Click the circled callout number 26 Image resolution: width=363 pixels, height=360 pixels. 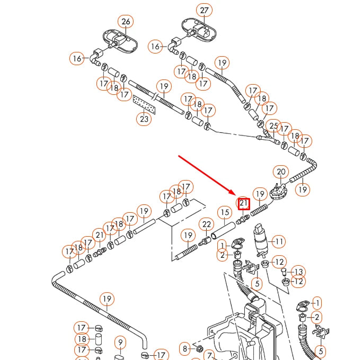point(126,22)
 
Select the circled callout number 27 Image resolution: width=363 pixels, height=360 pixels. point(204,11)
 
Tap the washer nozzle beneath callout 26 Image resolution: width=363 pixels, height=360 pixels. point(118,41)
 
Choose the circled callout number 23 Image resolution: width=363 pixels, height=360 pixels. point(144,119)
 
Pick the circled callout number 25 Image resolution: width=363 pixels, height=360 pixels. point(273,126)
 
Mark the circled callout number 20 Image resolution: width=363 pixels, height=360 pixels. point(281,172)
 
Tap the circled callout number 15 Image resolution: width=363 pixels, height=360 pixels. point(225,213)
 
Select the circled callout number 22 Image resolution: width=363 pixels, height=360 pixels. point(207,224)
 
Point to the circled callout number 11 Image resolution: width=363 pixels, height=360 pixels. point(278,242)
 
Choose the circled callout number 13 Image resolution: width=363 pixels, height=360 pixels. point(298,272)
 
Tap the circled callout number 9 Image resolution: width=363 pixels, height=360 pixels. point(120,343)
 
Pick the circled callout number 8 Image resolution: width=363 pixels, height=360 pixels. point(184,348)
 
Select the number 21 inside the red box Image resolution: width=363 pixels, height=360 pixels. point(244,203)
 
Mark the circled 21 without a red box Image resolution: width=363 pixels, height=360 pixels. point(99,235)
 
